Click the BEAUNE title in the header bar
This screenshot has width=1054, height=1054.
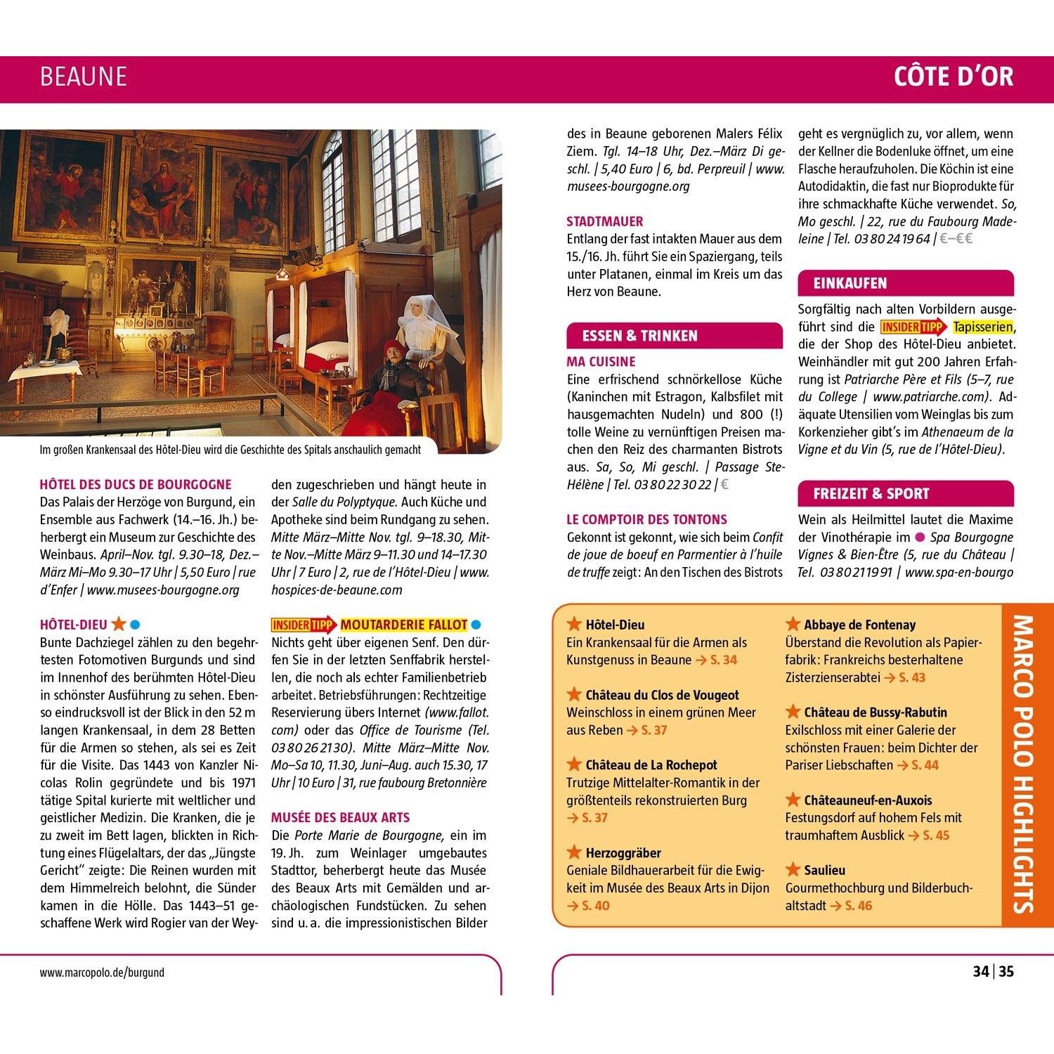[x=84, y=77]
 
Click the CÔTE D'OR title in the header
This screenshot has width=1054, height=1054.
[x=954, y=77]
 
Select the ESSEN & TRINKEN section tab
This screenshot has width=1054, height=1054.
[x=639, y=336]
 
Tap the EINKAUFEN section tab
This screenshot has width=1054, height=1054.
[x=850, y=284]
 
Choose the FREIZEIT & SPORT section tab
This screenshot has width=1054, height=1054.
[x=871, y=494]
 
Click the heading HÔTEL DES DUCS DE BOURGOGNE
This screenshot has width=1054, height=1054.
[x=136, y=485]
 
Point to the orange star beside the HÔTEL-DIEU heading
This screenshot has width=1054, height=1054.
[x=119, y=623]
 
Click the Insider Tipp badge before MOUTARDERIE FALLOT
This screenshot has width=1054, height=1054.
[x=304, y=625]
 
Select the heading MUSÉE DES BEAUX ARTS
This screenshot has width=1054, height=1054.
[x=340, y=818]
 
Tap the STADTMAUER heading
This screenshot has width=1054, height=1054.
[x=604, y=221]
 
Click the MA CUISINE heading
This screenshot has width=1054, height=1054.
[x=601, y=362]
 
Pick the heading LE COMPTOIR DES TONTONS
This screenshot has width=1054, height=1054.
[x=646, y=520]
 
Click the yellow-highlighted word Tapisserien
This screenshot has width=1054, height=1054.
[x=983, y=327]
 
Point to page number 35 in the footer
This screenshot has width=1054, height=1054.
[x=1007, y=972]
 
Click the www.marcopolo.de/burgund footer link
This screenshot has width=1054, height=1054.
[x=103, y=973]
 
